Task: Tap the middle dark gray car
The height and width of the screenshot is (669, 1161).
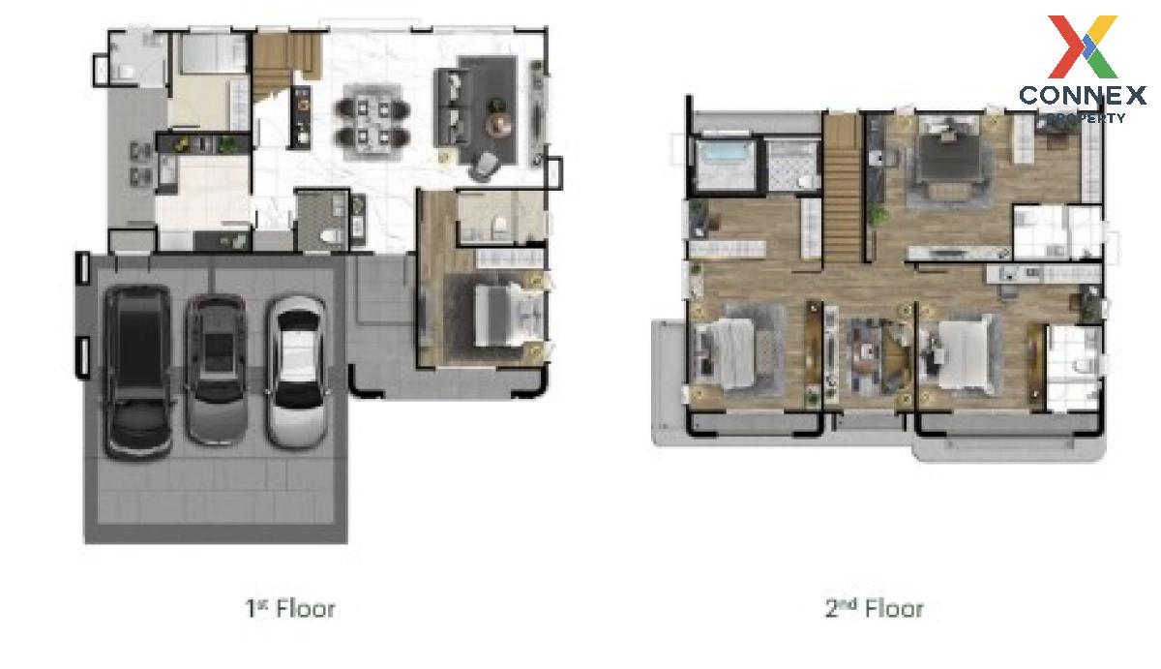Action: click(216, 369)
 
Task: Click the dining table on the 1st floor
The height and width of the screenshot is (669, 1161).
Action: click(372, 122)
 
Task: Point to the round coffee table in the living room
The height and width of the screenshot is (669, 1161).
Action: click(499, 124)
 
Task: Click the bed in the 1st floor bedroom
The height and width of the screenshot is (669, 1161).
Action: click(509, 315)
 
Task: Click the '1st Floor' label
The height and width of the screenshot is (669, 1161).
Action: click(290, 608)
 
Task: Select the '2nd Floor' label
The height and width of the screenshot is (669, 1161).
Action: click(874, 608)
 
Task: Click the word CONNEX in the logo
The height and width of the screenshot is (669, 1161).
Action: click(1083, 96)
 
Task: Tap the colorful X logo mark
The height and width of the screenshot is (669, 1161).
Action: click(1083, 46)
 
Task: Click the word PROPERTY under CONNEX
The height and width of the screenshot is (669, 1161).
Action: click(1087, 118)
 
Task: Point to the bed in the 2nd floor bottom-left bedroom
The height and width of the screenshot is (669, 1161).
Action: click(726, 353)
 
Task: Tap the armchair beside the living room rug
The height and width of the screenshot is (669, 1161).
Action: click(485, 166)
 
